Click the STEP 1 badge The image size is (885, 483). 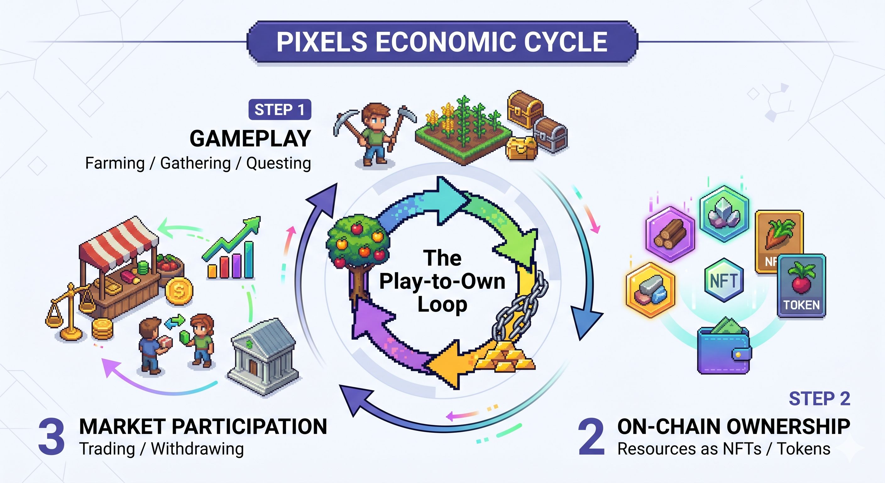280,110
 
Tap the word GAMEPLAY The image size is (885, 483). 250,139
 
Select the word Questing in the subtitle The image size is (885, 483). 278,163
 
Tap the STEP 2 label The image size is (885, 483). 819,399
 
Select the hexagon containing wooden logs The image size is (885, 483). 670,234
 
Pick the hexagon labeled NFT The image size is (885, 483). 723,280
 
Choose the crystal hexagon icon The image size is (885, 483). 724,213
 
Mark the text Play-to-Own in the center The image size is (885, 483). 442,281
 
